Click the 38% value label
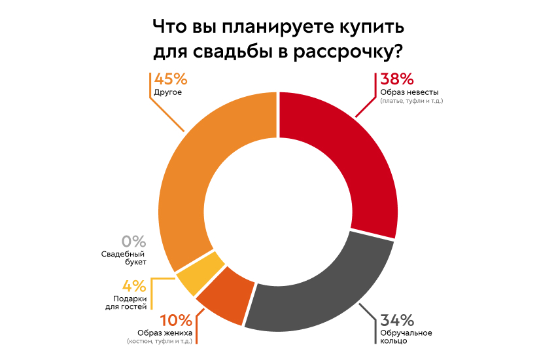(x=396, y=79)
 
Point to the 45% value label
(x=170, y=79)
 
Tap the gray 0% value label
(x=133, y=241)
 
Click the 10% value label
(x=176, y=320)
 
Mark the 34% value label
(x=398, y=320)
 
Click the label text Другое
(x=167, y=92)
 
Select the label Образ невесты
(x=409, y=92)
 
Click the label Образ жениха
(x=165, y=333)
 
